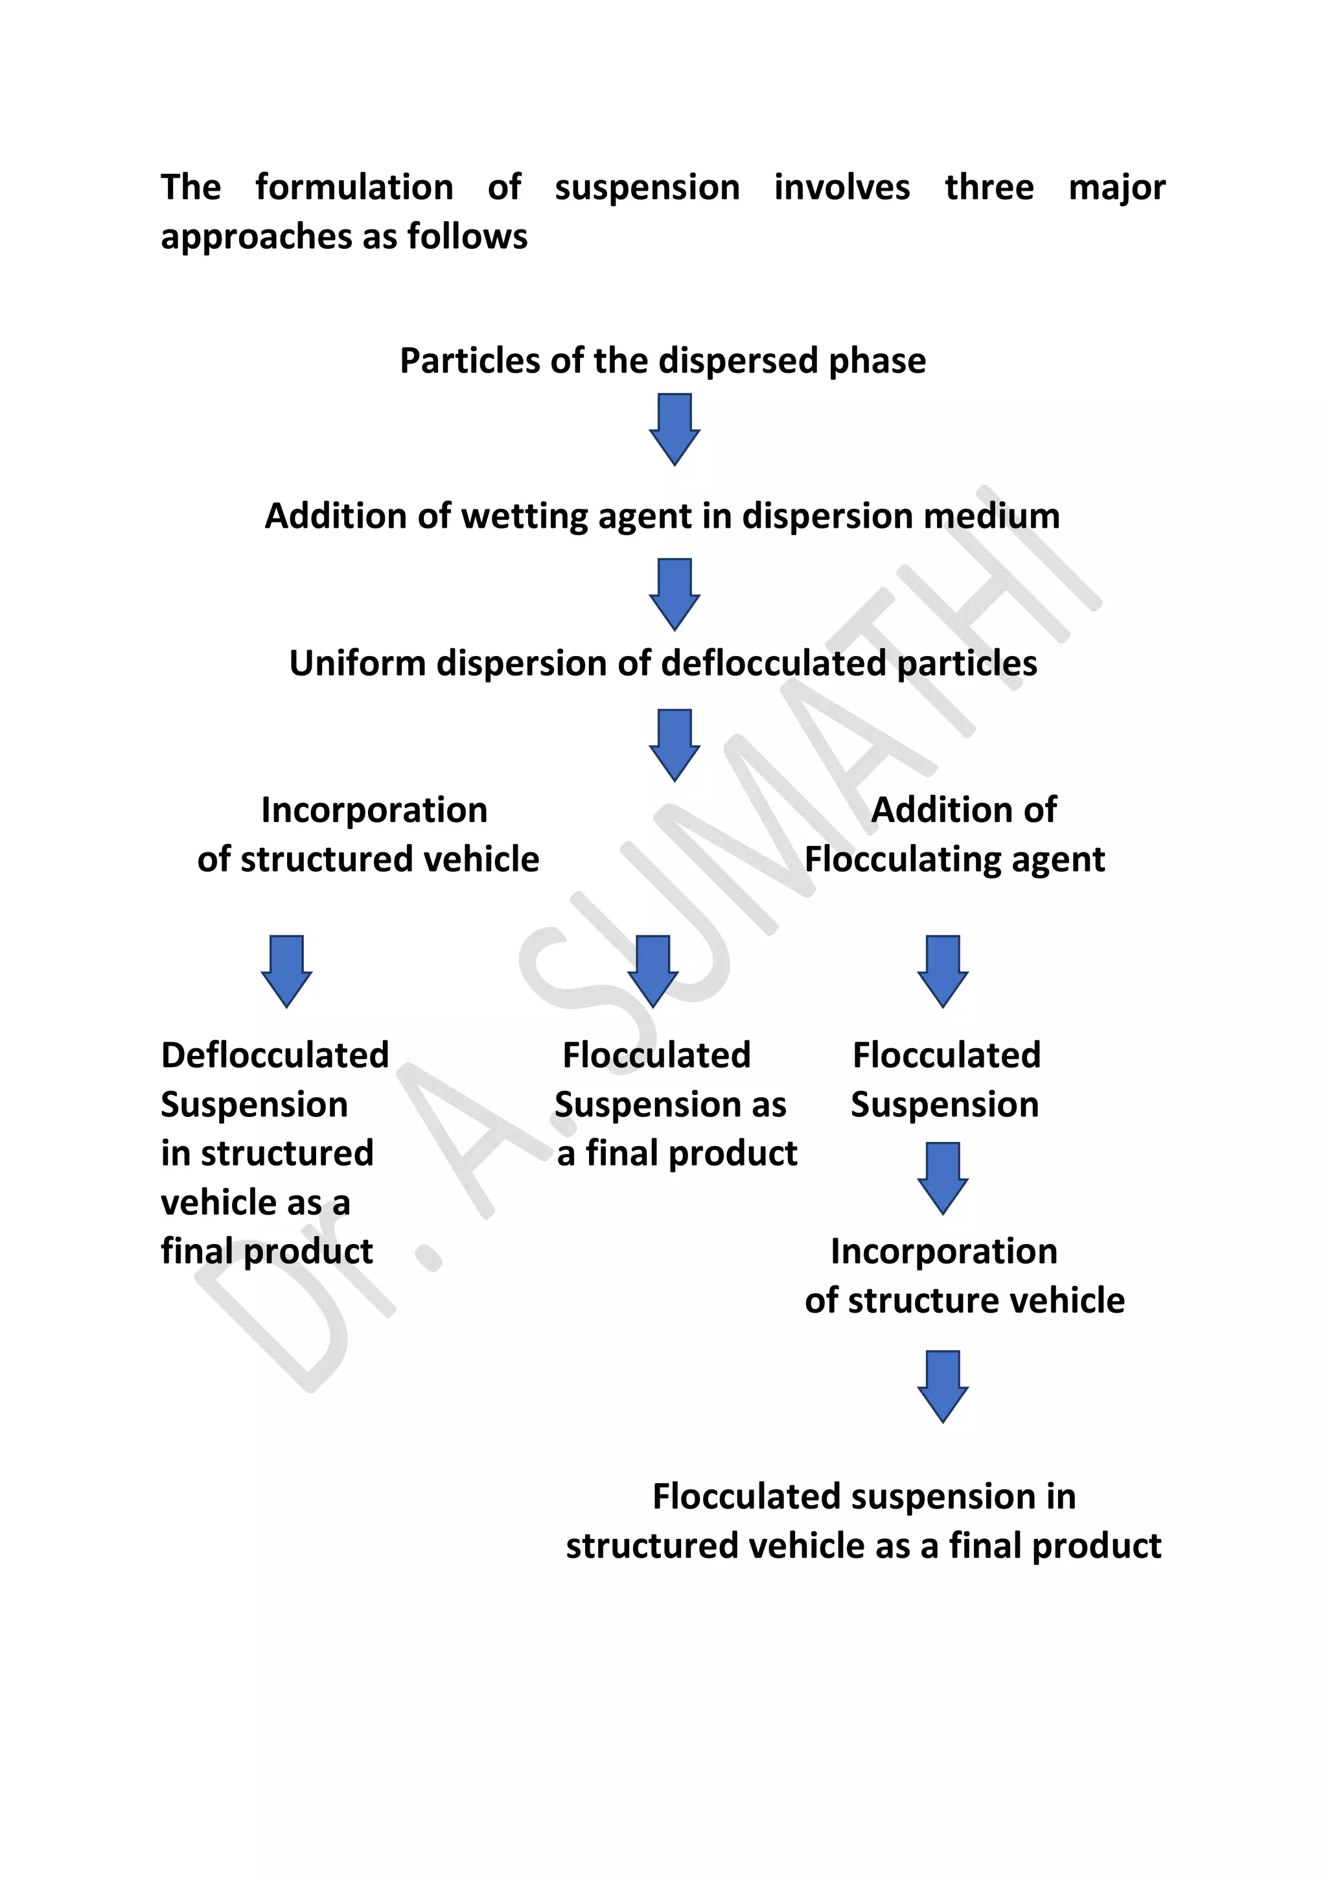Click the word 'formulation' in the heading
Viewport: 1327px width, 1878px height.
pos(354,187)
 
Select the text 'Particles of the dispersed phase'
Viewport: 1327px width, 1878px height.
pos(662,360)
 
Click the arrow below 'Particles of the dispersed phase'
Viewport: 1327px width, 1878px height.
pos(675,429)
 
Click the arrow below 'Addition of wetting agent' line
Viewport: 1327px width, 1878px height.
pos(675,594)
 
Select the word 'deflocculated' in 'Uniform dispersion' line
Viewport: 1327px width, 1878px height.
pos(772,663)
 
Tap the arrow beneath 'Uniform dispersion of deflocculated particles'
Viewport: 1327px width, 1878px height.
pos(675,744)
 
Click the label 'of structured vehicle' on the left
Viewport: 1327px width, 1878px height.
pos(368,860)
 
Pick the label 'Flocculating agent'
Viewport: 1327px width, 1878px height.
pos(954,860)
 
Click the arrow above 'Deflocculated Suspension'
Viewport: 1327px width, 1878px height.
pos(286,971)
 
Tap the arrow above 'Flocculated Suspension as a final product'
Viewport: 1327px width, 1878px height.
pos(652,971)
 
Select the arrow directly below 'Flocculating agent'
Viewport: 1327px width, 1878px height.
pos(943,971)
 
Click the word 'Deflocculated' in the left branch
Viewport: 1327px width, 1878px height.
pos(275,1055)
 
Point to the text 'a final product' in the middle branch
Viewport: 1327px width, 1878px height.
pos(677,1153)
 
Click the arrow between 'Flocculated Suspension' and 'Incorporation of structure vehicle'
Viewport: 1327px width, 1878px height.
pos(943,1178)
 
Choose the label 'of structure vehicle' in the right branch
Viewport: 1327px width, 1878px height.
pos(964,1300)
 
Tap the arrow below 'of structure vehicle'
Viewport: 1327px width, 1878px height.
pos(943,1387)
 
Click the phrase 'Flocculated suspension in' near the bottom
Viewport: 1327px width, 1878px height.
pos(864,1497)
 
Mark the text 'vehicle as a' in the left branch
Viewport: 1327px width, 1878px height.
pos(255,1203)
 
